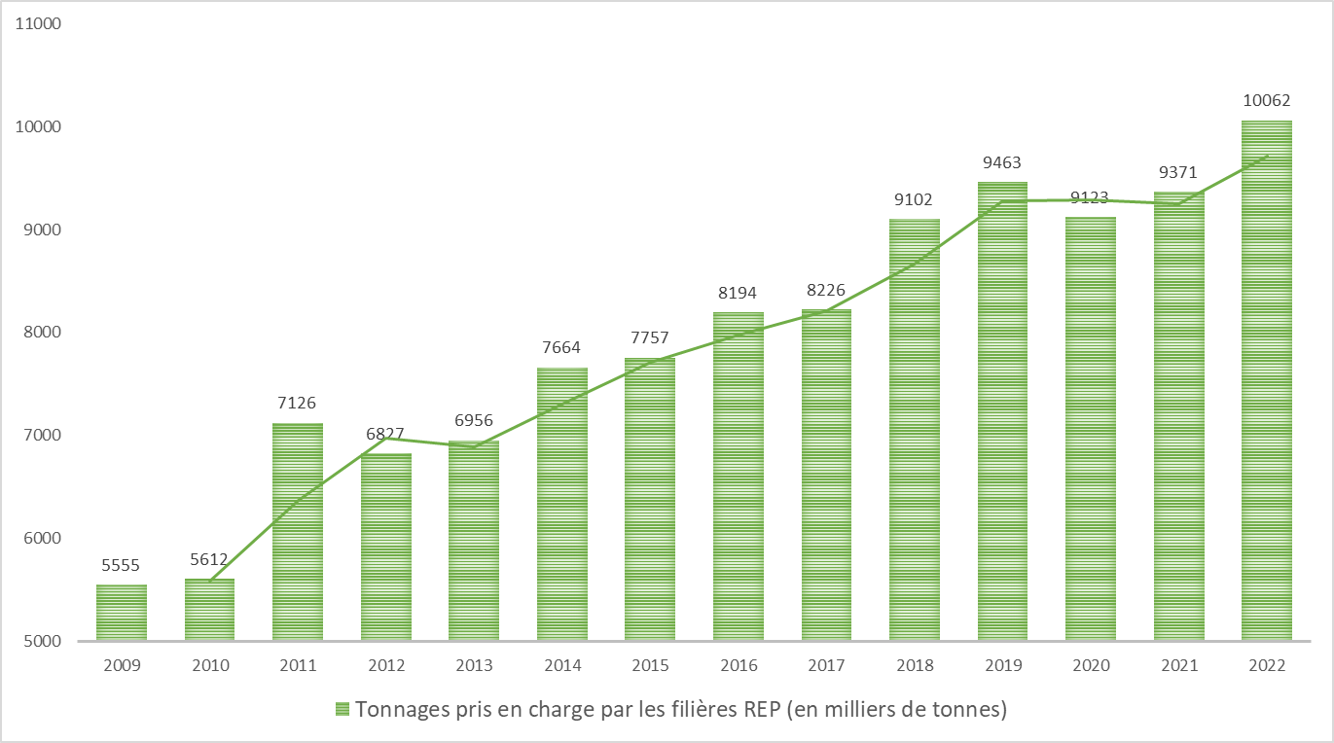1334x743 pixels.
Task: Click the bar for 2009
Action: tap(122, 613)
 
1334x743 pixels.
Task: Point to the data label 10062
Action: tap(1267, 100)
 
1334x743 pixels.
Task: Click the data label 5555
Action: tap(122, 564)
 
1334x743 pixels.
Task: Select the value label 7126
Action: tap(298, 403)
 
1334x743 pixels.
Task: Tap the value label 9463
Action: tap(1002, 162)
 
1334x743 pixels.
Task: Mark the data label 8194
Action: tap(739, 293)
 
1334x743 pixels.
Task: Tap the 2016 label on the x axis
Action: tap(739, 666)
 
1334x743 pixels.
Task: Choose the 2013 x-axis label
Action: tap(474, 666)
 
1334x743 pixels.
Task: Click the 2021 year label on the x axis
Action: tap(1178, 666)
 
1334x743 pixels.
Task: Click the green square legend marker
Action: tap(343, 709)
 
